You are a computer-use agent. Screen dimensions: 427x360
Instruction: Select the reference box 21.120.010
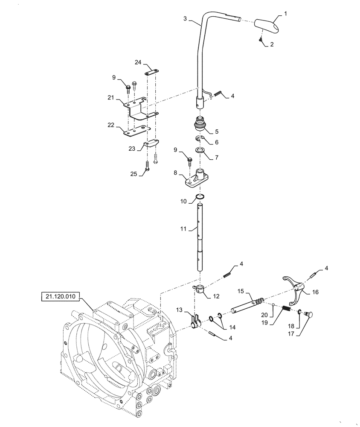pos(60,296)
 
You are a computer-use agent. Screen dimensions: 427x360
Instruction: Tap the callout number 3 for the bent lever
pos(185,18)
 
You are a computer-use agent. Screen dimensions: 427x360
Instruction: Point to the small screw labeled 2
pos(261,39)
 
